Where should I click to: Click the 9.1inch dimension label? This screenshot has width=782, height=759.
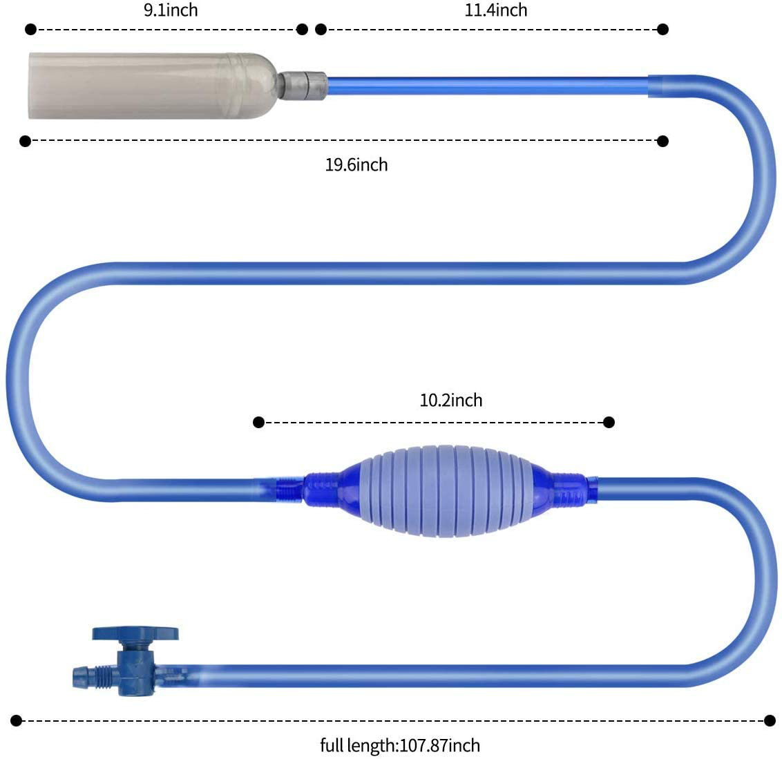[171, 10]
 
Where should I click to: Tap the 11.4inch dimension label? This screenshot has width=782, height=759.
[495, 10]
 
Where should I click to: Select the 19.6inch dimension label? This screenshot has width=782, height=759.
[356, 165]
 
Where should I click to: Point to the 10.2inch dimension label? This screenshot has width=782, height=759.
[451, 401]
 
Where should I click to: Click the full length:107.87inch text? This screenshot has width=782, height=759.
[400, 746]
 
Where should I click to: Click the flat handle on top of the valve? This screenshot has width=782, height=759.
[135, 633]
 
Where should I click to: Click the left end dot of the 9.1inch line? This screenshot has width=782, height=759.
[30, 29]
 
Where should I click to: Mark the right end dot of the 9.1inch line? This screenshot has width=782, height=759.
[302, 29]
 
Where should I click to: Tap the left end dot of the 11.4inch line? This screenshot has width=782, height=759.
[321, 29]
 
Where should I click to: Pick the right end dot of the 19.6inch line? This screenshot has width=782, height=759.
[663, 142]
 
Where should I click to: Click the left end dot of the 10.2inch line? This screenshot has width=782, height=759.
[259, 422]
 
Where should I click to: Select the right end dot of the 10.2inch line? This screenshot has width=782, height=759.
[609, 422]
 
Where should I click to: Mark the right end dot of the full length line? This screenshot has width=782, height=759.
[770, 721]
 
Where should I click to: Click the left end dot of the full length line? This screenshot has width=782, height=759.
[17, 721]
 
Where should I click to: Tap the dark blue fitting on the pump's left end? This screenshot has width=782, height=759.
[325, 486]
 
